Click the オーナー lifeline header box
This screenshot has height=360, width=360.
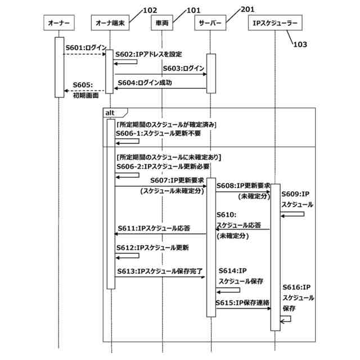coord(59,24)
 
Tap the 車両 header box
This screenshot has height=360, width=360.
coord(162,24)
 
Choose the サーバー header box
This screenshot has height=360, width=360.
coord(210,24)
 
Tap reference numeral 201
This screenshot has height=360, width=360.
coord(247,9)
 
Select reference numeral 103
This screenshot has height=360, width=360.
coord(300,45)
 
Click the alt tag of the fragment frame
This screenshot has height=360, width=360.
coord(110,112)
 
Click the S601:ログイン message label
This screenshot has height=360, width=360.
coord(85,48)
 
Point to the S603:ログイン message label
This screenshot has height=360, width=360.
coord(183,68)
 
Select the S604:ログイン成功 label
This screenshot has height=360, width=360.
coord(145,82)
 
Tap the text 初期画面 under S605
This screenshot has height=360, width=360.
coord(85,95)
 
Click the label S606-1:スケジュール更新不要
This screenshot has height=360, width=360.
coord(158,133)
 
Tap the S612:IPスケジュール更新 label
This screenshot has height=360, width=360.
coord(152,247)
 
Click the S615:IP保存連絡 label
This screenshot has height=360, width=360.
coord(242,303)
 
